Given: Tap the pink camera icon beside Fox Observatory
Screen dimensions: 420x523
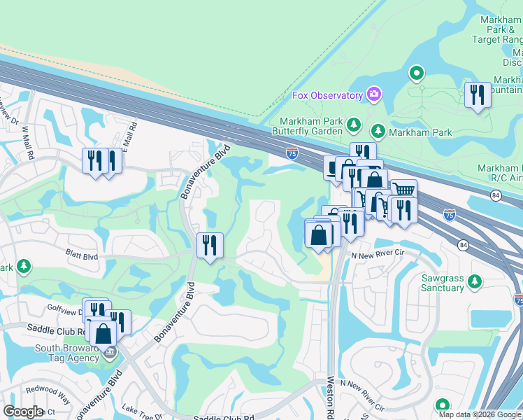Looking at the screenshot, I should click(374, 94).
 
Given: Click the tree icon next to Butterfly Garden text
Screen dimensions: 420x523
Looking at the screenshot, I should click(354, 125).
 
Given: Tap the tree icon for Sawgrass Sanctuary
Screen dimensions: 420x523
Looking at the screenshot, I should click(475, 281).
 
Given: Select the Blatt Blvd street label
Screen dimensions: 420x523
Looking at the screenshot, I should click(81, 256).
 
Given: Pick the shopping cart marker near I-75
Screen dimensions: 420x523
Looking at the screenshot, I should click(403, 191).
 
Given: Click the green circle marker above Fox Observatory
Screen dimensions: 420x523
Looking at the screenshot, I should click(417, 72).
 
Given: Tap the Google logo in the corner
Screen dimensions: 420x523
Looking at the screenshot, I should click(22, 412).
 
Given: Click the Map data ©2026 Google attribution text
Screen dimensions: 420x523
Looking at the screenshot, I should click(480, 414).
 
